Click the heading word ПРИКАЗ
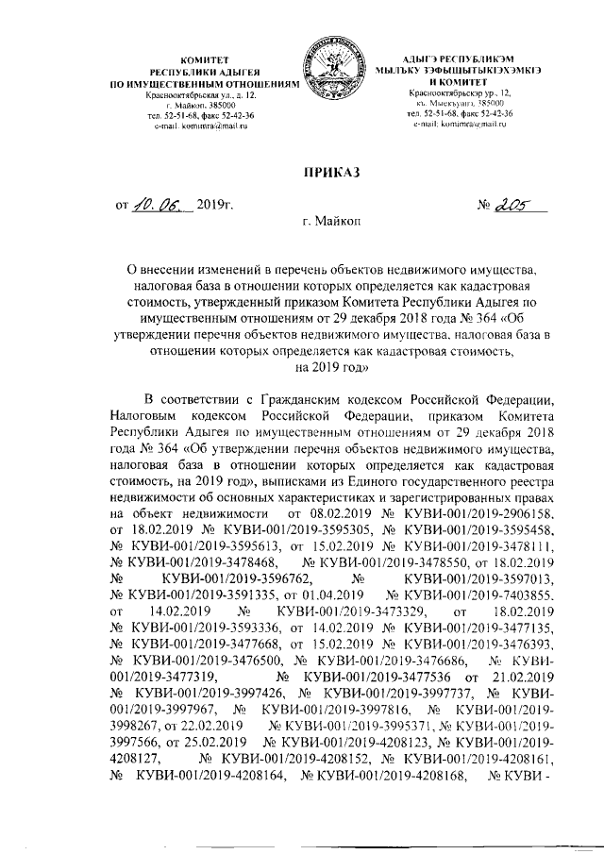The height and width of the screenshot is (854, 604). click(331, 171)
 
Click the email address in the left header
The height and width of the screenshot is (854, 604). click(196, 126)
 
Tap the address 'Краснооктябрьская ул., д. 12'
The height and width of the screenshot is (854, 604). click(196, 95)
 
